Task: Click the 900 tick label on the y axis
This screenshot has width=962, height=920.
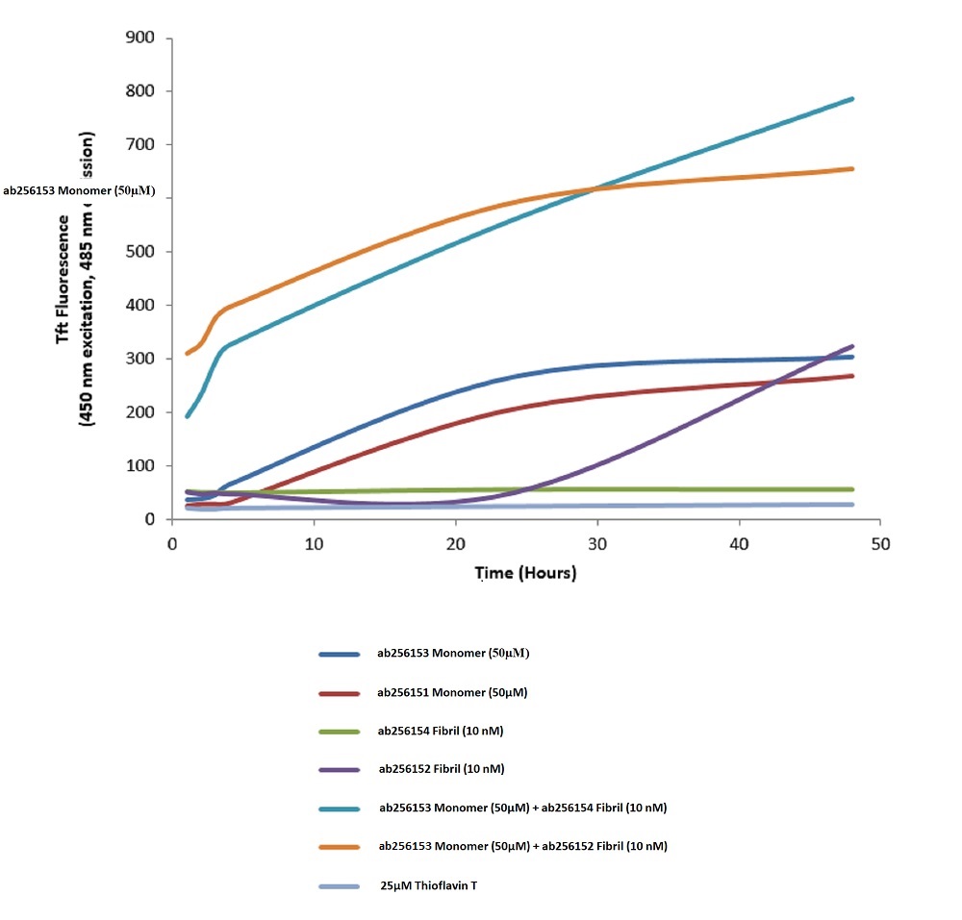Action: tap(142, 38)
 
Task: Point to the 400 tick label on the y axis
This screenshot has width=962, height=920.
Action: tap(142, 306)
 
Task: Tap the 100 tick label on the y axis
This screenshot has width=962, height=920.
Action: tap(142, 466)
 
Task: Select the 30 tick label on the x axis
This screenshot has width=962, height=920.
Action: tap(596, 544)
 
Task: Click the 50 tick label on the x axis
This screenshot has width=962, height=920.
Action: tap(880, 544)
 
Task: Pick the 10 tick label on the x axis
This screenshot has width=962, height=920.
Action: tap(313, 544)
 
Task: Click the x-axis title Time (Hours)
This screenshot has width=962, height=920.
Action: tap(525, 573)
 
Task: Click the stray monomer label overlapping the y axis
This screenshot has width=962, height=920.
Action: tap(79, 191)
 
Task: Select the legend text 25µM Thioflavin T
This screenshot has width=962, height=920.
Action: tap(428, 885)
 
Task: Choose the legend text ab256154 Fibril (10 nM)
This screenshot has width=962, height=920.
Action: tap(441, 732)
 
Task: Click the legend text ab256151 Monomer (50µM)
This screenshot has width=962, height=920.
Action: tap(452, 692)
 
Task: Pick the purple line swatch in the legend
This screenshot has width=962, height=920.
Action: tap(339, 770)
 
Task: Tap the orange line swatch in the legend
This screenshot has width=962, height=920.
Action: tap(339, 847)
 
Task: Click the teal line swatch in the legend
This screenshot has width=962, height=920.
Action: tap(339, 808)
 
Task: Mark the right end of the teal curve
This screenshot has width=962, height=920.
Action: tap(852, 99)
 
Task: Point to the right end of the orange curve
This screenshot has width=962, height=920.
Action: tap(852, 169)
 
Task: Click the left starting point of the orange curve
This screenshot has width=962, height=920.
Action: tap(188, 354)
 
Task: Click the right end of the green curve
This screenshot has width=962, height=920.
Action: tap(852, 489)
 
